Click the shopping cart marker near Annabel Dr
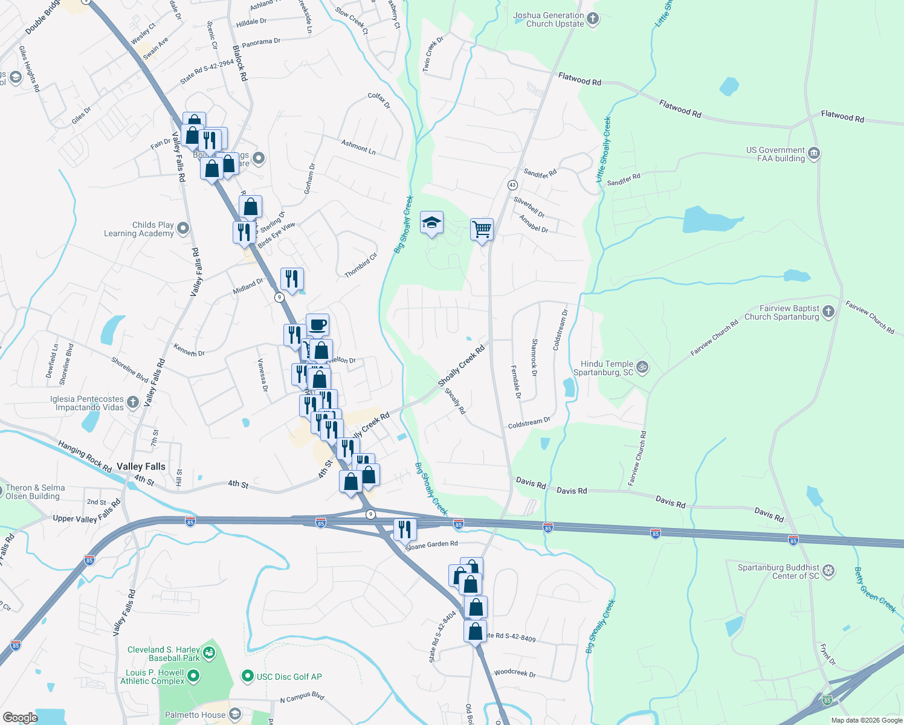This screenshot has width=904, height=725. tap(482, 230)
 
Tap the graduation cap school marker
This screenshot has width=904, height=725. tap(431, 223)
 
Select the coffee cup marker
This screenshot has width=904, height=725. tap(318, 325)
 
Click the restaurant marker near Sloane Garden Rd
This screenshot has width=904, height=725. tap(405, 529)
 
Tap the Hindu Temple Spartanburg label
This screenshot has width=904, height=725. tap(607, 368)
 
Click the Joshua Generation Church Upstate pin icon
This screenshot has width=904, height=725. tap(593, 19)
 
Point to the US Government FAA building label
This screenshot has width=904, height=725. tap(775, 154)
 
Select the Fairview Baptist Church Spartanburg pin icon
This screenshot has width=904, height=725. tap(828, 312)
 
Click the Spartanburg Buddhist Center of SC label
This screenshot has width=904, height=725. tap(778, 572)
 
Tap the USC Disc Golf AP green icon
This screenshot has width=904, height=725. tap(247, 676)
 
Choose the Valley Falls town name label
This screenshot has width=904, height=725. tap(141, 466)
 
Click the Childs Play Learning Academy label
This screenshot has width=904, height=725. tap(139, 229)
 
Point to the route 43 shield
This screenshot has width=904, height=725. tap(512, 185)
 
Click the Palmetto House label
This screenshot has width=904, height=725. tap(195, 715)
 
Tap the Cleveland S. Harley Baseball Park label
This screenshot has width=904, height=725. tap(163, 654)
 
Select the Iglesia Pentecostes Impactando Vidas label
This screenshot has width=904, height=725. tap(87, 403)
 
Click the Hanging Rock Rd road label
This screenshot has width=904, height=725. tap(85, 456)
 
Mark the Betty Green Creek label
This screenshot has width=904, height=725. tap(875, 590)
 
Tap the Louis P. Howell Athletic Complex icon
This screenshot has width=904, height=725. tap(193, 676)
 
